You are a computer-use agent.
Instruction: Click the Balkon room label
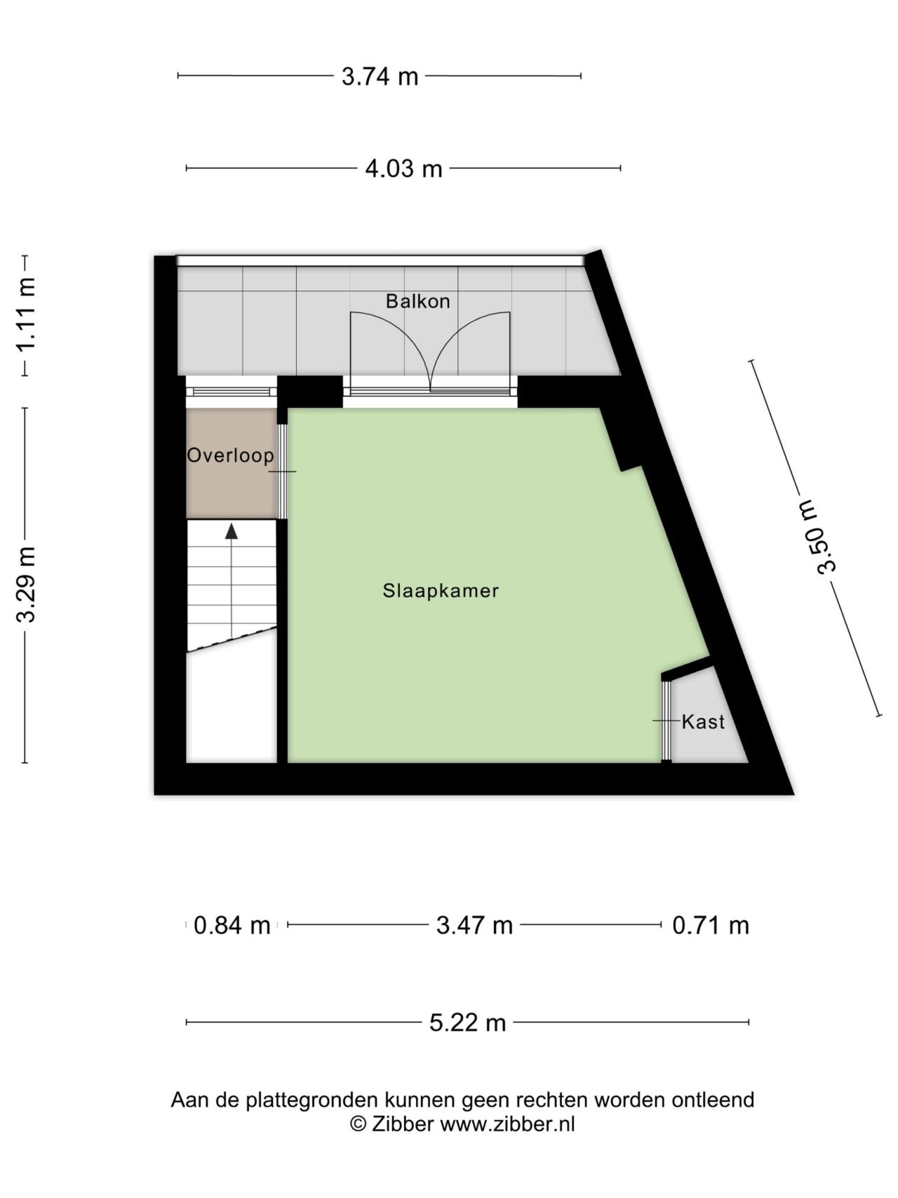tap(417, 301)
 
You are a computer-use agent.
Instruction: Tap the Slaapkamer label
tap(441, 590)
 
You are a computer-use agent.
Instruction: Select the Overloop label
tap(230, 455)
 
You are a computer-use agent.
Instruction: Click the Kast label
tap(703, 721)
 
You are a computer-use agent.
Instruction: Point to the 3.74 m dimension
tap(380, 76)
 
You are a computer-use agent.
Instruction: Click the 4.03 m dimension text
tap(403, 168)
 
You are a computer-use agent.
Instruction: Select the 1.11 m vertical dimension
tap(26, 314)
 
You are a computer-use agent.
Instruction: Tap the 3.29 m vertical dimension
tap(26, 585)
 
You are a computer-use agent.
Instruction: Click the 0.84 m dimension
tap(232, 925)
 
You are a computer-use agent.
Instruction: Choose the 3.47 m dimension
tap(474, 925)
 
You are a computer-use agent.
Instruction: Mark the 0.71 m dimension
tap(710, 925)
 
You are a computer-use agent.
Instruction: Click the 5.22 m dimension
tap(467, 1022)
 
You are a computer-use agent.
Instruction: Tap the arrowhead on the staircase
tap(231, 531)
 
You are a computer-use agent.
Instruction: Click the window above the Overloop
tap(232, 392)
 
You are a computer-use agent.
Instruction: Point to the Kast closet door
tap(666, 721)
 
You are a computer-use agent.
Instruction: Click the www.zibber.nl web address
tap(507, 1124)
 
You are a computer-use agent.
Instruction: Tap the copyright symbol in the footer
tap(358, 1124)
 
